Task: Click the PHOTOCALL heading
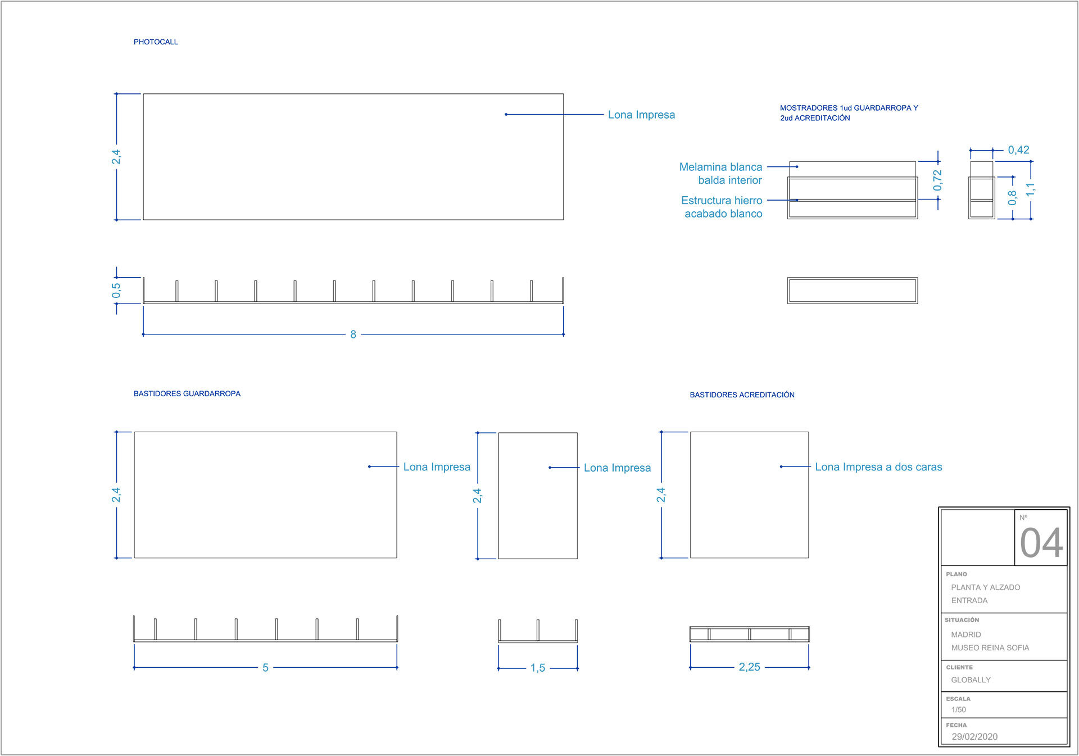[x=156, y=42]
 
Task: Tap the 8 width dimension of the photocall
[x=353, y=334]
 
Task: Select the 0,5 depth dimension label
[x=116, y=291]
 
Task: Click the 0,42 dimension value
[x=1018, y=150]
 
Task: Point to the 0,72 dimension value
[x=937, y=180]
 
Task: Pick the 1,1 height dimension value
[x=1030, y=189]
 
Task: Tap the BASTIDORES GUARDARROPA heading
[x=187, y=394]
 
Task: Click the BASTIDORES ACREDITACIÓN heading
[x=742, y=395]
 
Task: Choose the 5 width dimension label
[x=265, y=668]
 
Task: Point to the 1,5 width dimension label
[x=537, y=668]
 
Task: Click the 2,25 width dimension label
[x=749, y=667]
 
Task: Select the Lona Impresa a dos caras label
[x=878, y=467]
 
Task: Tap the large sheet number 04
[x=1041, y=543]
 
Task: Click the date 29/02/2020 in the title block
[x=974, y=737]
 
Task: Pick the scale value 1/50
[x=959, y=710]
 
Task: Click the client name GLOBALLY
[x=971, y=680]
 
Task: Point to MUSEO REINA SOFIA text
[x=990, y=648]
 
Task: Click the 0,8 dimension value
[x=1012, y=198]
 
